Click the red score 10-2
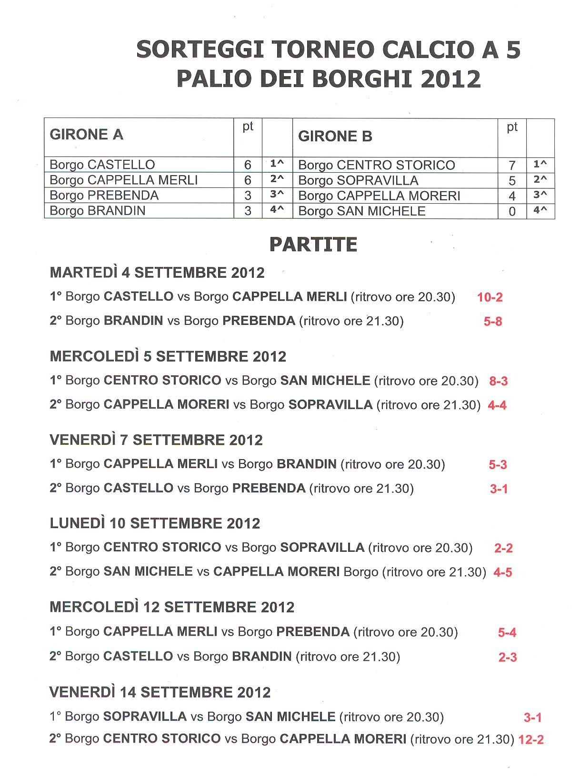490,297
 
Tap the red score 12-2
530,740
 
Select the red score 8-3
498,381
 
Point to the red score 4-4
497,405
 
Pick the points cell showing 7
512,165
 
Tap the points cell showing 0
512,211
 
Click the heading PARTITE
313,245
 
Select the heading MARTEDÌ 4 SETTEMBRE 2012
157,273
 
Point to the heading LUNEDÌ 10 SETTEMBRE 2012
155,523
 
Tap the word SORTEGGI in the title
200,50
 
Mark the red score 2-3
507,657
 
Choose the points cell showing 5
512,181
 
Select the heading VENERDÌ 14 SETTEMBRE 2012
160,692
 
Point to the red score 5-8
492,322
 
